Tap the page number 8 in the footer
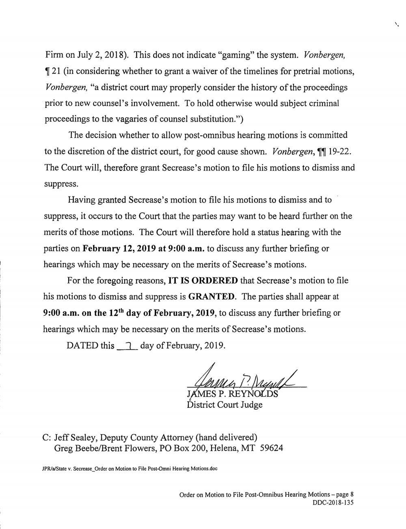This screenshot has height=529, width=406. coord(352,495)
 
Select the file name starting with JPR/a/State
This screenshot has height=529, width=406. coord(130,469)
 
